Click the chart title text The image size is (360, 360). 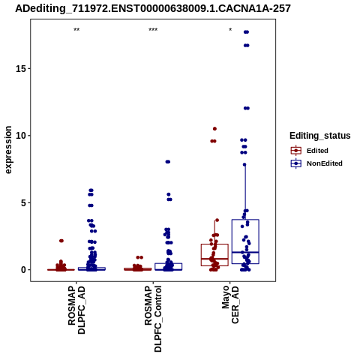[153, 8]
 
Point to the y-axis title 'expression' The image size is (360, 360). [8, 150]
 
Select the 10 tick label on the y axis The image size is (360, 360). [21, 136]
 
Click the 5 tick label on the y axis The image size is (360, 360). [24, 202]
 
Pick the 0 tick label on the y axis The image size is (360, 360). [24, 270]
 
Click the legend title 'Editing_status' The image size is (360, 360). [320, 136]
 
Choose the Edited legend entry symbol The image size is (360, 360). [296, 151]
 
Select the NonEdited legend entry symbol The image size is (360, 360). [296, 163]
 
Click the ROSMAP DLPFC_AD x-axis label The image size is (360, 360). [76, 310]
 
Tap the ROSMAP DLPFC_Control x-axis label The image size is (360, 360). [153, 319]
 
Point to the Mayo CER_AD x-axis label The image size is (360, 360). [230, 305]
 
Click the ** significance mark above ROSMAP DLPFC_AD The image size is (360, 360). [76, 30]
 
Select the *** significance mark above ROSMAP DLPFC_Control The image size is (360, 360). [153, 30]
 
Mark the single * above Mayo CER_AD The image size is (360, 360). [230, 30]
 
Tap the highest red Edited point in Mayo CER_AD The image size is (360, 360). [214, 129]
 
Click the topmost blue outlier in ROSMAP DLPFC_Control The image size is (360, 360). [168, 162]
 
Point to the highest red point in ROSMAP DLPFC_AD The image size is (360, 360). [61, 241]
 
